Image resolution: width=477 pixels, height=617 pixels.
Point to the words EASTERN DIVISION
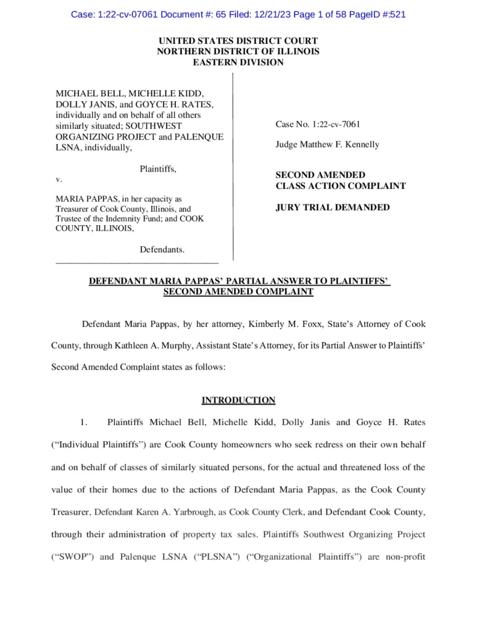point(238,62)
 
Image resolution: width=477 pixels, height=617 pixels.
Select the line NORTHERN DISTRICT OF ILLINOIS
point(238,52)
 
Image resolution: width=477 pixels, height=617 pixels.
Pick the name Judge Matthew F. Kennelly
point(327,145)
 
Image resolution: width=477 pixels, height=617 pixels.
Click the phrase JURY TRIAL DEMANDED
point(332,207)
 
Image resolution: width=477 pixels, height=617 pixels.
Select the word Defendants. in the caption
point(163,249)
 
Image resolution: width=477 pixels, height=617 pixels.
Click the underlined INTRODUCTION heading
point(238,400)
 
